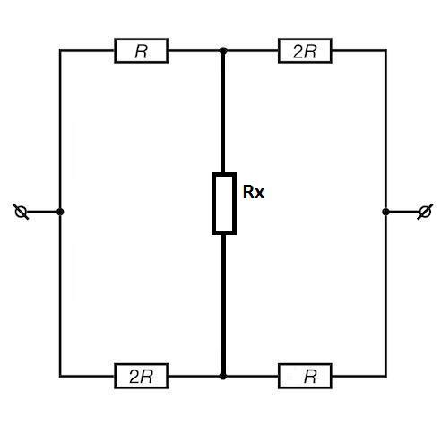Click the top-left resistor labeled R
tap(141, 50)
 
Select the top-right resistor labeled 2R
tap(305, 50)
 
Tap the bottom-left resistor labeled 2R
tap(141, 376)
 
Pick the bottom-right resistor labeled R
tap(305, 376)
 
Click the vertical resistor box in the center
tap(224, 204)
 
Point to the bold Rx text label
tap(254, 192)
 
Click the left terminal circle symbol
tap(21, 212)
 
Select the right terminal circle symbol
tap(425, 212)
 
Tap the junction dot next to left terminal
tap(60, 212)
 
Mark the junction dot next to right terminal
tap(385, 212)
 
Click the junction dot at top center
tap(223, 50)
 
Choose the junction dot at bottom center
tap(223, 376)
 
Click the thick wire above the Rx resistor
tap(223, 112)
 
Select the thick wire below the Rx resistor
tap(223, 304)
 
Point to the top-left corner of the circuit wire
tap(60, 50)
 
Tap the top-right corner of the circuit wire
tap(385, 50)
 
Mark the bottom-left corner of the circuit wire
tap(60, 376)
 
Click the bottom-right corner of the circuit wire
tap(385, 376)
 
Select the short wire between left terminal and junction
tap(42, 212)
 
